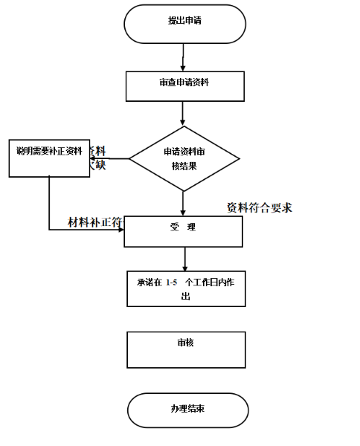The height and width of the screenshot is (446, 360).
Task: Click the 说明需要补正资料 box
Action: (49, 157)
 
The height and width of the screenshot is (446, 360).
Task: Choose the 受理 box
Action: (183, 231)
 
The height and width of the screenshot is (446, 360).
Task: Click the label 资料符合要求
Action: (259, 207)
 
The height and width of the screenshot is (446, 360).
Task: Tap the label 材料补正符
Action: (96, 222)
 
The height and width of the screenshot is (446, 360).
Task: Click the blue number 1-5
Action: (172, 282)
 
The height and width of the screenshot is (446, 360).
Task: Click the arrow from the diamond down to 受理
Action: (183, 202)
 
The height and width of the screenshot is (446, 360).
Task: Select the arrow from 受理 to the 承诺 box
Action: (184, 258)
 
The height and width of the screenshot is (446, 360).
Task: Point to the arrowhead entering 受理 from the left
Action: (120, 229)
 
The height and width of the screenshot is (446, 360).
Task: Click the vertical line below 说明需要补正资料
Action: (49, 202)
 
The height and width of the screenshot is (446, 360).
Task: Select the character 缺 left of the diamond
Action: (100, 165)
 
